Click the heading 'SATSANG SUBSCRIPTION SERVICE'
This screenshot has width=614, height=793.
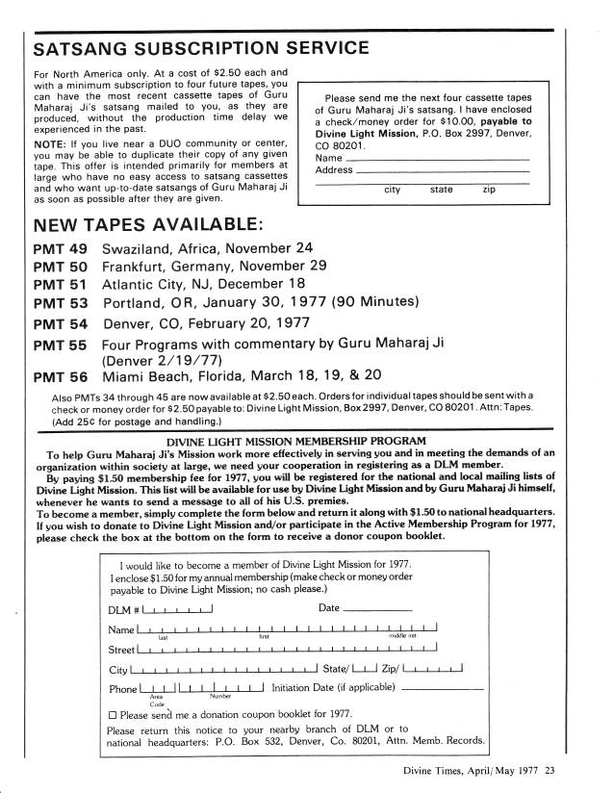[199, 47]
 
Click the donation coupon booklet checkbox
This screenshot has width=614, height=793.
[113, 715]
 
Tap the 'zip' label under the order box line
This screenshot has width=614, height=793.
[490, 190]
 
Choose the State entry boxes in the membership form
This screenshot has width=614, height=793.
[365, 668]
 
